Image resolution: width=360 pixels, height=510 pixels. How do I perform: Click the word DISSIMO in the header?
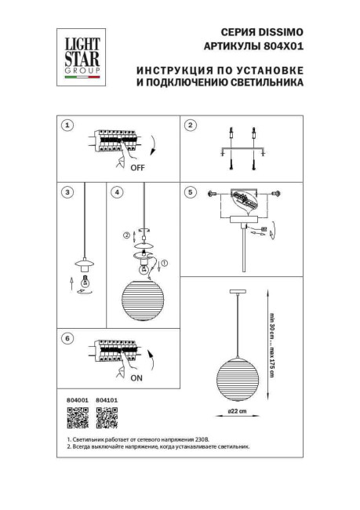coord(282,32)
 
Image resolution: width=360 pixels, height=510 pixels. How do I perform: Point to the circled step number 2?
coord(189,126)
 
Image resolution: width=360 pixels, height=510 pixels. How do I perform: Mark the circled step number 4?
coord(115,191)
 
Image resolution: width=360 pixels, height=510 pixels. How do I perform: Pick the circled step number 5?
coord(189,191)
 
